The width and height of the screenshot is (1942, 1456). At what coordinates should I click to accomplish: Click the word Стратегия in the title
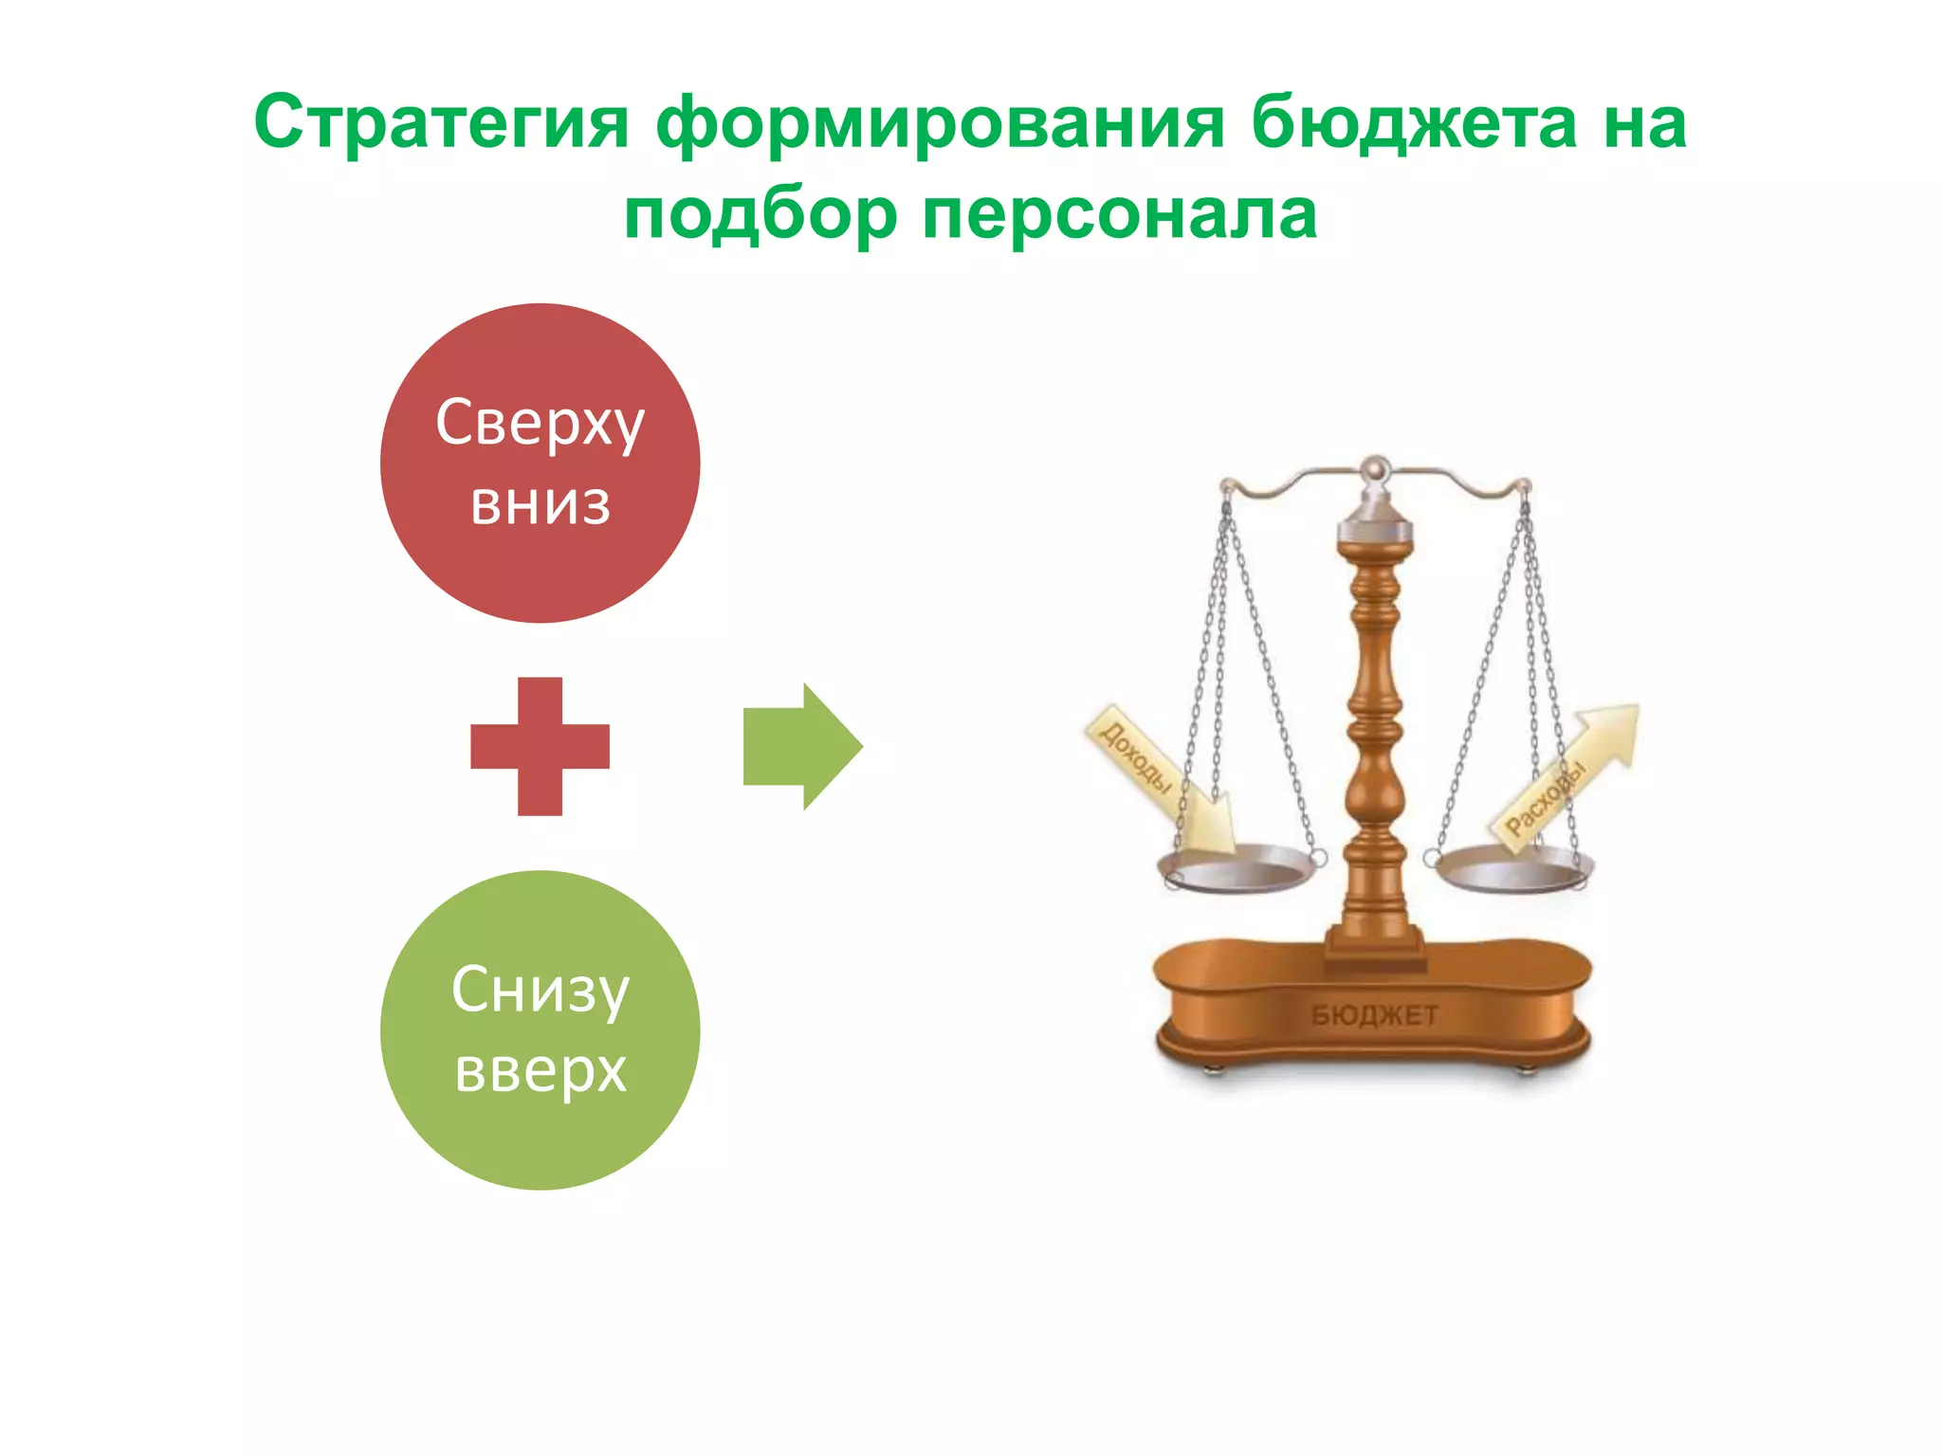[441, 123]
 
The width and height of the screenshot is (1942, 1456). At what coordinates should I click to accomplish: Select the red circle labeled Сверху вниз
[540, 569]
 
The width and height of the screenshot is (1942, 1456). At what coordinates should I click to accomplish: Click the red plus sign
[540, 746]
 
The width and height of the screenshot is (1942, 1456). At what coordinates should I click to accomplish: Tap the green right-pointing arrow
[802, 746]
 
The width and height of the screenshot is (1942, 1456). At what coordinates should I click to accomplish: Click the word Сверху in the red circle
[540, 424]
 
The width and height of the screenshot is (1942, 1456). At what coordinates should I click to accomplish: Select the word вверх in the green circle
[540, 1071]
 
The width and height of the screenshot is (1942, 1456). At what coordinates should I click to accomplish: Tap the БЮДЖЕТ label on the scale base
[1374, 1015]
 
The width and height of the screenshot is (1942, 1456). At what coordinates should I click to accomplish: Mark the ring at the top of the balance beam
[1375, 467]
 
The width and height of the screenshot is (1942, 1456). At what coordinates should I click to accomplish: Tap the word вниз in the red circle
[540, 504]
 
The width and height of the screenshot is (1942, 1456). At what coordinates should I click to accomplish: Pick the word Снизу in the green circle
[540, 991]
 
